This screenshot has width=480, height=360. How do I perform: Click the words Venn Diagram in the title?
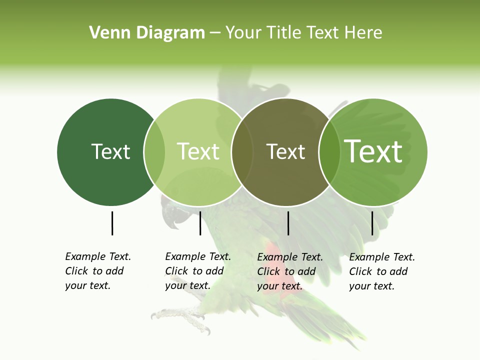(x=147, y=33)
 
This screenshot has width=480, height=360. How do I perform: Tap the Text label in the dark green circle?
(x=110, y=151)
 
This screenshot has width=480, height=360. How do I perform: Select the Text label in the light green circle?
(x=198, y=151)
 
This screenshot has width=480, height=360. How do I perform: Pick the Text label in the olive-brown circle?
(x=285, y=151)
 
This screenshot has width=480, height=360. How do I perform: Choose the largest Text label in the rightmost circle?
(x=373, y=151)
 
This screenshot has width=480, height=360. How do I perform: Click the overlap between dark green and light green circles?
(x=154, y=152)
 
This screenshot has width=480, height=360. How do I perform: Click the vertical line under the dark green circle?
(x=112, y=223)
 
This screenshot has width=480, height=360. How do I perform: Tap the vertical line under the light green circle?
(x=200, y=223)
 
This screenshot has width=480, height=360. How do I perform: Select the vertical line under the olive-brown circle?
(x=288, y=223)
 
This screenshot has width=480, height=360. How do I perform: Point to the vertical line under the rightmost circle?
(x=372, y=223)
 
